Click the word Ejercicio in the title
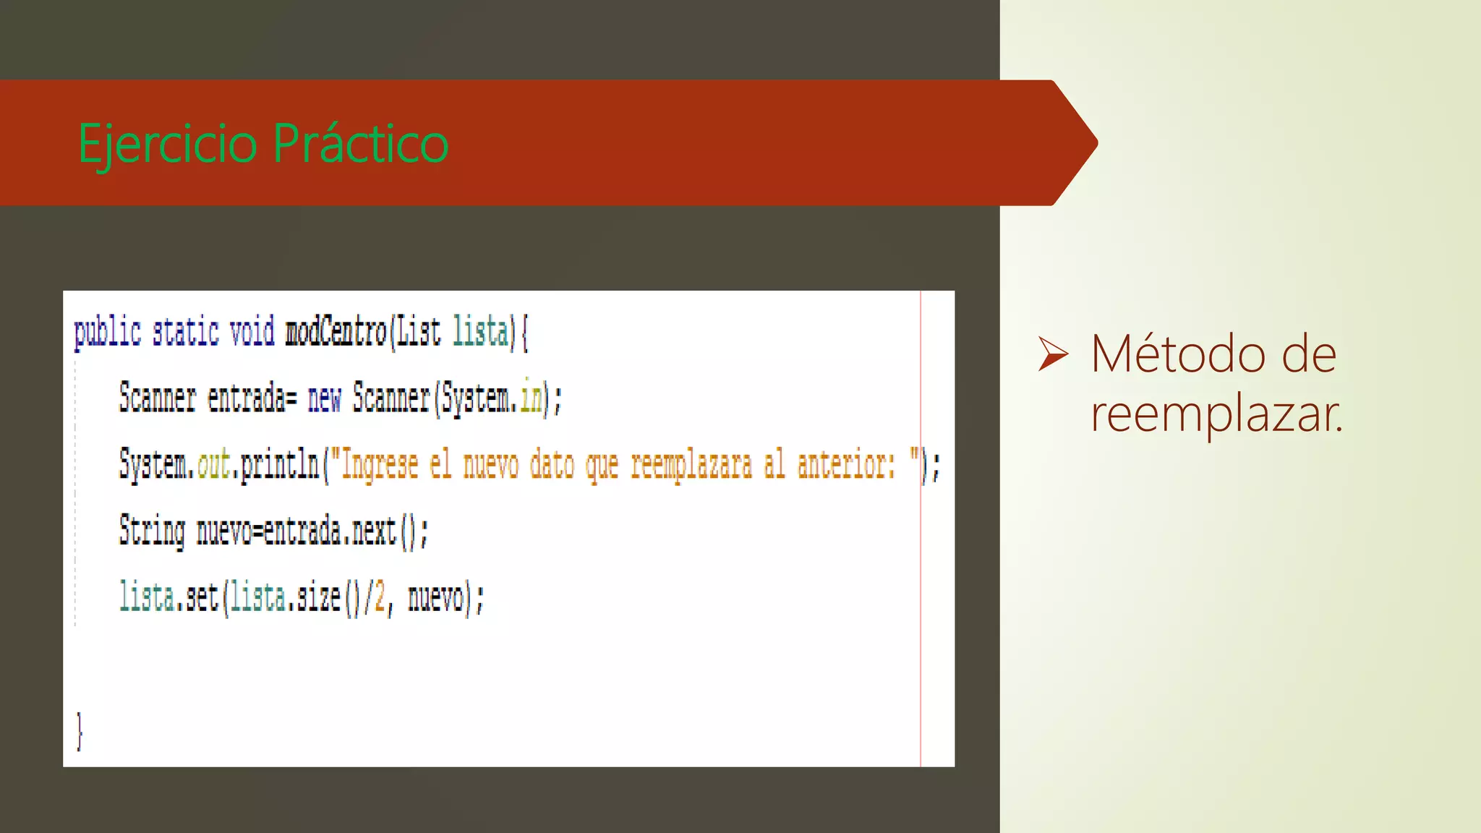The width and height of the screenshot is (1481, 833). pos(167,143)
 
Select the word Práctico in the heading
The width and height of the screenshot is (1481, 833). pos(361,143)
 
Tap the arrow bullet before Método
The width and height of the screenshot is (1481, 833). pos(1053,354)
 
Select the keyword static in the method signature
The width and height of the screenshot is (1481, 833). pos(185,332)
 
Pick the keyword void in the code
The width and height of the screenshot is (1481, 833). pos(252,332)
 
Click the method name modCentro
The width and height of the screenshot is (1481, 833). pos(336,332)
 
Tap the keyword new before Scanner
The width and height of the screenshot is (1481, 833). pos(324,398)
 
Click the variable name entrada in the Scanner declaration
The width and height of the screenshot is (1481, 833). pos(247,398)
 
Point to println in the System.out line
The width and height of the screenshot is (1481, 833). pos(280,464)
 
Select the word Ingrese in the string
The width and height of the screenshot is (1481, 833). pos(380,464)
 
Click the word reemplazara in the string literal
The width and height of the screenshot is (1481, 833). pos(691,464)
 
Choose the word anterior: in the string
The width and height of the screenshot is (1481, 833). pos(846,464)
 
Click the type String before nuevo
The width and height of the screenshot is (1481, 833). pos(152,531)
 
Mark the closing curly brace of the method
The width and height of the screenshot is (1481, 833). pos(80,730)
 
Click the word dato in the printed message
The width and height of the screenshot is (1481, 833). pos(552,464)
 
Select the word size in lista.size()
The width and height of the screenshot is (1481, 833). pos(318,597)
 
